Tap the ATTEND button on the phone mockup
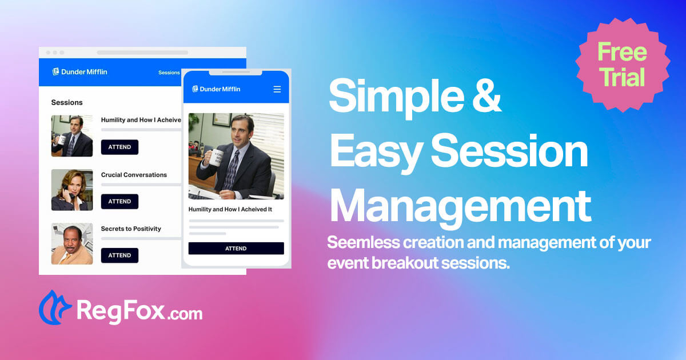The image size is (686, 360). click(236, 249)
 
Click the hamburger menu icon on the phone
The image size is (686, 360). click(277, 89)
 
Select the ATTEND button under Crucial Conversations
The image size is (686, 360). click(119, 201)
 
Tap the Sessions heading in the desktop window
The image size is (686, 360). click(67, 102)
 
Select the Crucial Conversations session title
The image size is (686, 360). click(134, 175)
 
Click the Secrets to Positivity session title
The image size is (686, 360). click(131, 229)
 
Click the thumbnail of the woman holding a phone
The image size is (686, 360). click(72, 190)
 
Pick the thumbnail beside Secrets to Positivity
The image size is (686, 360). click(72, 244)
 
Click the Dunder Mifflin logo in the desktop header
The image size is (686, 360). click(79, 72)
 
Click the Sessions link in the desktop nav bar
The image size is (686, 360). click(169, 73)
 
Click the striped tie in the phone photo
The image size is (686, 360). click(233, 169)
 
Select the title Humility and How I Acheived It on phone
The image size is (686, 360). click(230, 210)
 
